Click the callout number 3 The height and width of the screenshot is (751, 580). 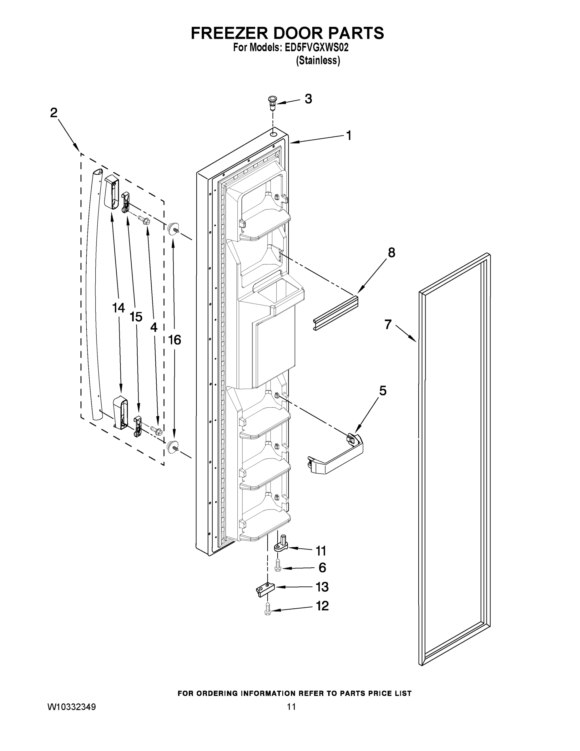click(308, 99)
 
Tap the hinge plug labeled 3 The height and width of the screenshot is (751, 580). click(272, 102)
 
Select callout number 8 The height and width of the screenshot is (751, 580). click(391, 253)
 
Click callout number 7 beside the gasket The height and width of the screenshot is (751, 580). click(388, 324)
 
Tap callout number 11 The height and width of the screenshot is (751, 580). click(320, 550)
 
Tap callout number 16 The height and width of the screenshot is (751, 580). click(174, 340)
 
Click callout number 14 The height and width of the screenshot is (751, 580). click(119, 308)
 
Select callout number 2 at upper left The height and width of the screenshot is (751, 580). click(54, 112)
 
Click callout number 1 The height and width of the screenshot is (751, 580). click(348, 135)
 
